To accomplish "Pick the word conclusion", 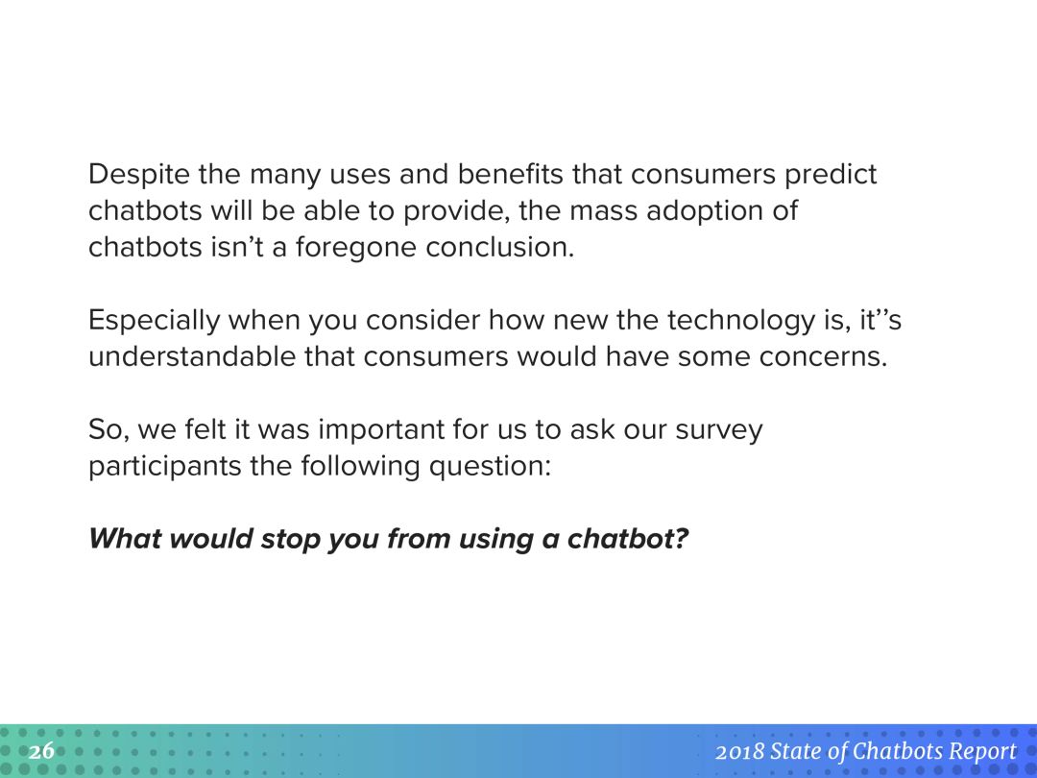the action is coord(500,247).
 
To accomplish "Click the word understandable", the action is coord(192,356).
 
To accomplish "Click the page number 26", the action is coord(41,751).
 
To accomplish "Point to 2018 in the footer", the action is coord(739,752).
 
